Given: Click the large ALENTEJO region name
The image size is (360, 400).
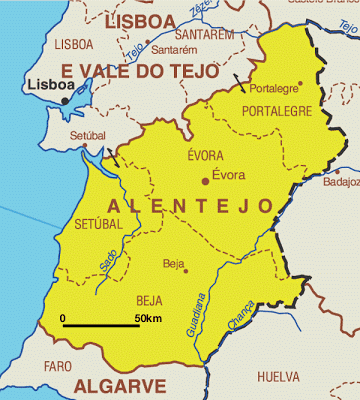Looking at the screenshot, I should click(188, 205).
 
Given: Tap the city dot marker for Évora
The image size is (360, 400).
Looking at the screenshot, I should click(206, 181).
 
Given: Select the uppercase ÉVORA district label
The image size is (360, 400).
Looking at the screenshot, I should click(205, 156).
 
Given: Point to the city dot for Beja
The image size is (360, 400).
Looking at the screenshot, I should click(185, 269).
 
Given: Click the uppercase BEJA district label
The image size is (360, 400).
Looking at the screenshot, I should click(149, 299).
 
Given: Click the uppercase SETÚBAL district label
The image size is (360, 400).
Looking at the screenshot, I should click(98, 225).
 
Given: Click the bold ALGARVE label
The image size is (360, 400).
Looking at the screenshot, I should click(119, 386).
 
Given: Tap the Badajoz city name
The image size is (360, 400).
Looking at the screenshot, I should click(341, 183).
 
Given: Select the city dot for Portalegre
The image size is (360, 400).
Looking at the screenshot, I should click(299, 84).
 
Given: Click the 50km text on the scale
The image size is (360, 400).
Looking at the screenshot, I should click(149, 319).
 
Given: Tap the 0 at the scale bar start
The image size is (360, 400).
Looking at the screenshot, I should click(63, 319).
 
